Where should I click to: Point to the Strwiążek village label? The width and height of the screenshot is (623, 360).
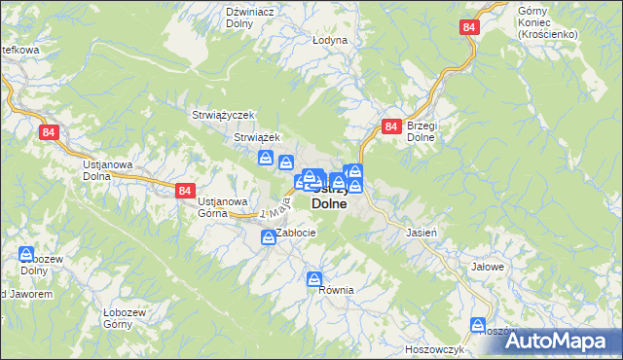click(x=257, y=137)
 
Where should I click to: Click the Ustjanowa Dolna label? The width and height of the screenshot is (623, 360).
click(x=107, y=171)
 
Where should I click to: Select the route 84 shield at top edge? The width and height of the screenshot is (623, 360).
click(x=471, y=28)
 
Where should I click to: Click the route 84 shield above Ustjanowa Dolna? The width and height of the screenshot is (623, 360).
click(x=51, y=131)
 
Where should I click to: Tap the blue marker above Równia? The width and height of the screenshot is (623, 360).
click(x=314, y=280)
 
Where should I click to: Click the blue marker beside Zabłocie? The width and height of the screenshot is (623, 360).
click(x=267, y=236)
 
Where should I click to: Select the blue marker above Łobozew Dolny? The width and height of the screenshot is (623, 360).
click(x=26, y=254)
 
